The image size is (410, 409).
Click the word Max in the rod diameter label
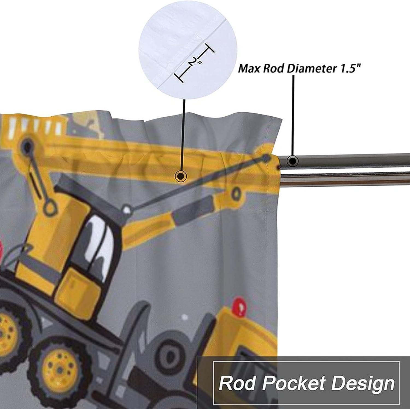(x=249, y=69)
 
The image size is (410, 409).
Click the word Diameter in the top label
(x=311, y=69)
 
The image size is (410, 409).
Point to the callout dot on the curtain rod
(x=293, y=161)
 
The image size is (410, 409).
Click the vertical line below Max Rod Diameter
(x=293, y=115)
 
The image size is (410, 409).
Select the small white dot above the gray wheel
(x=185, y=317)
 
